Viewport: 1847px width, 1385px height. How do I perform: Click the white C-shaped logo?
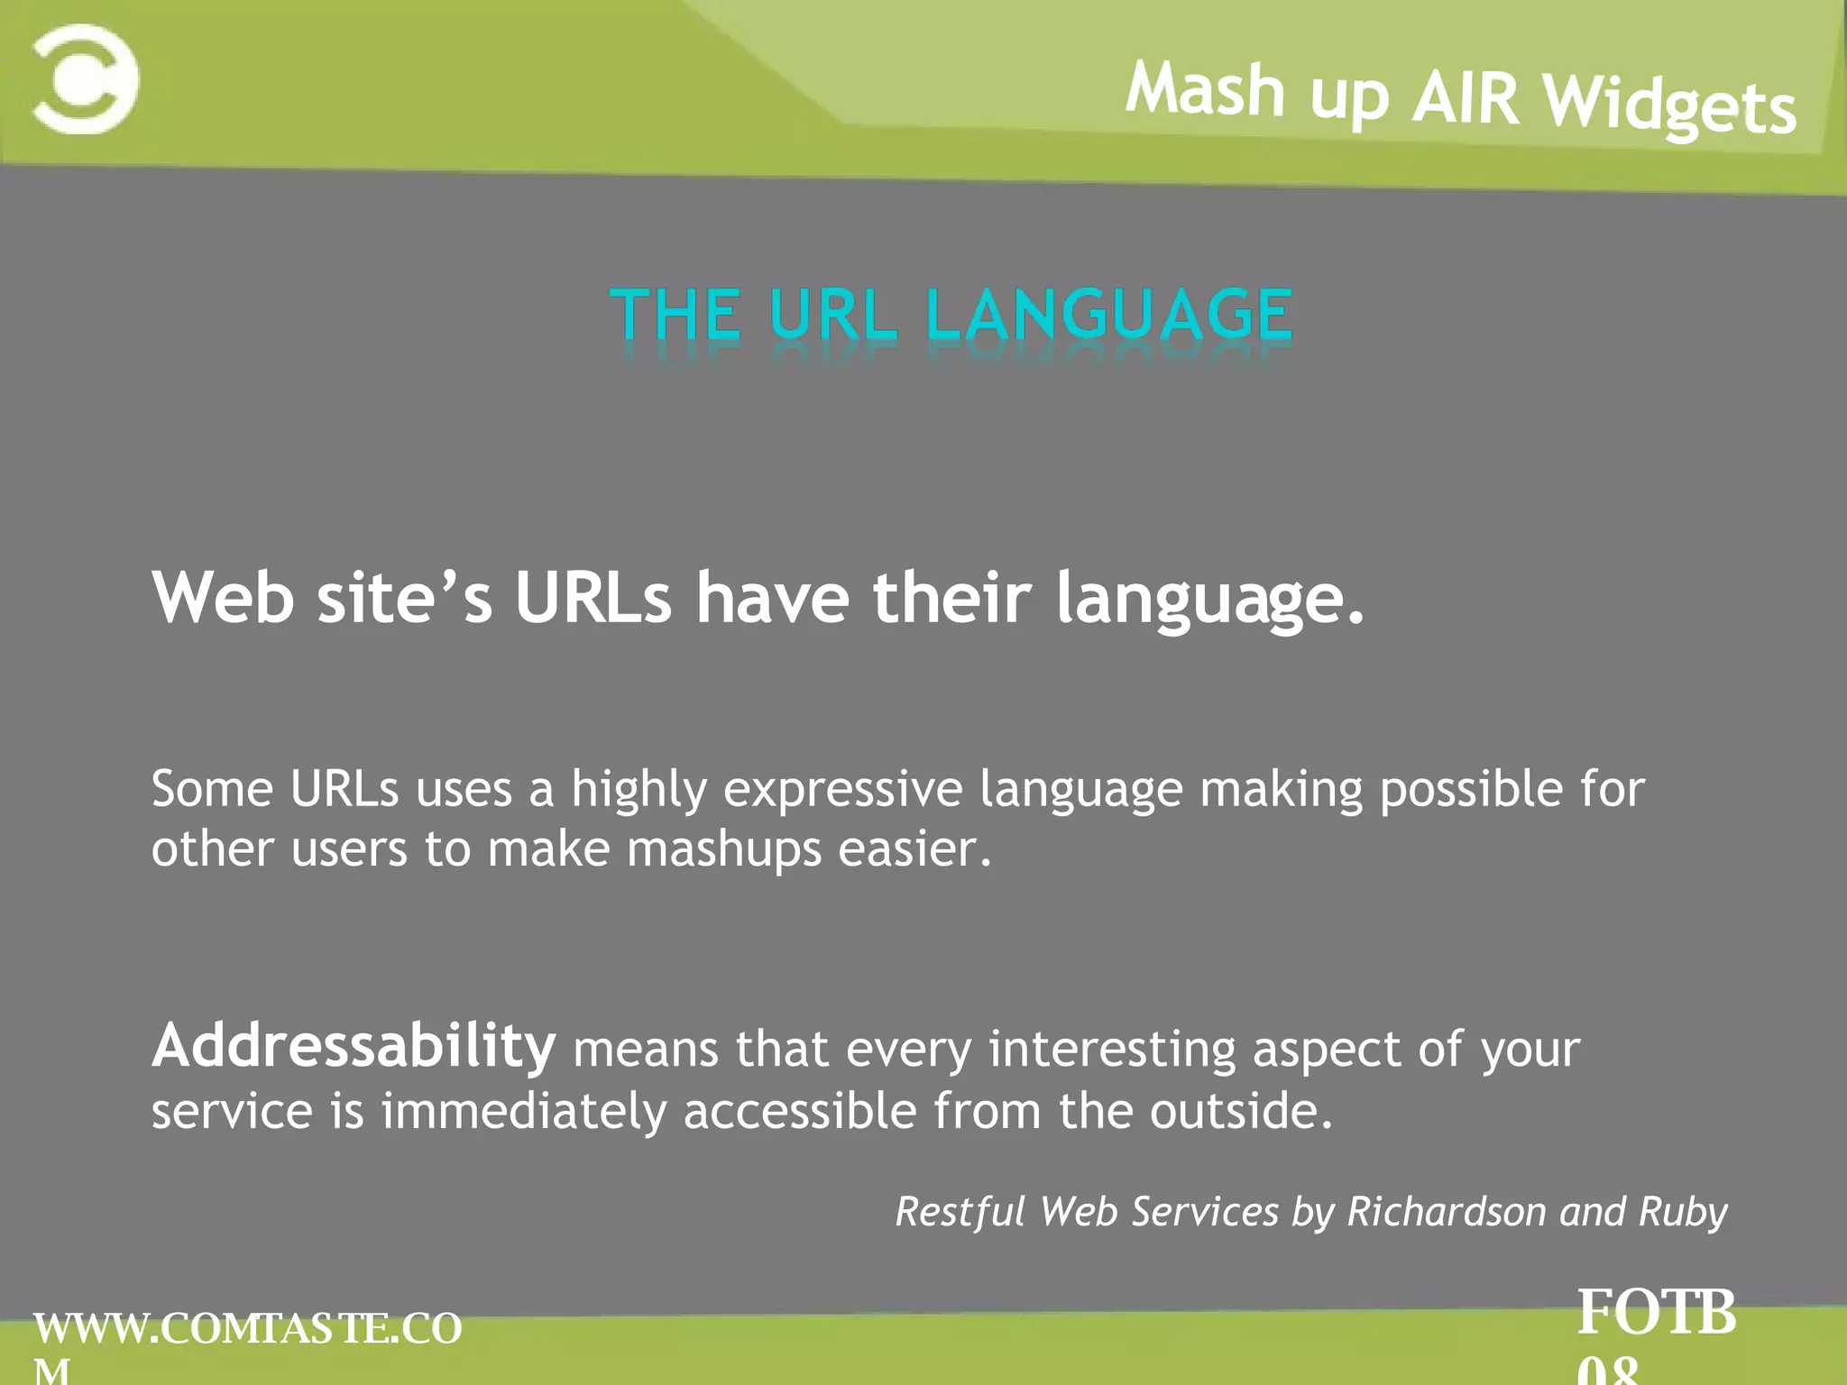86,79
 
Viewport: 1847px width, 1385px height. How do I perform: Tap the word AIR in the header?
1466,97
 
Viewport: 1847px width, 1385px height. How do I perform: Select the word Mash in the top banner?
1205,90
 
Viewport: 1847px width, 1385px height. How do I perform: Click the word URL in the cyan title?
833,315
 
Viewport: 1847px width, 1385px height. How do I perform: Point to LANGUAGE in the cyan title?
1110,315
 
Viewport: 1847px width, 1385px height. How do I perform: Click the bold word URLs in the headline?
593,598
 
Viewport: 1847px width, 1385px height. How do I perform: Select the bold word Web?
223,598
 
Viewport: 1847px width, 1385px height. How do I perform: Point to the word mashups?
724,850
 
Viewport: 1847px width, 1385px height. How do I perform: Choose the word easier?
914,849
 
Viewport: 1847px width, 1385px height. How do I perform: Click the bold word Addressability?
354,1046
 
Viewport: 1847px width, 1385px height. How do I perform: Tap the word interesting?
1112,1050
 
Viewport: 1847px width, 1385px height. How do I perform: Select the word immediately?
523,1112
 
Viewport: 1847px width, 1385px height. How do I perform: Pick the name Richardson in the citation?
1447,1211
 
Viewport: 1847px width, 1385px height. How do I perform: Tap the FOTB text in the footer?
1656,1312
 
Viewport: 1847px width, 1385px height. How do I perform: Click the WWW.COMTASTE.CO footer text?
248,1329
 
